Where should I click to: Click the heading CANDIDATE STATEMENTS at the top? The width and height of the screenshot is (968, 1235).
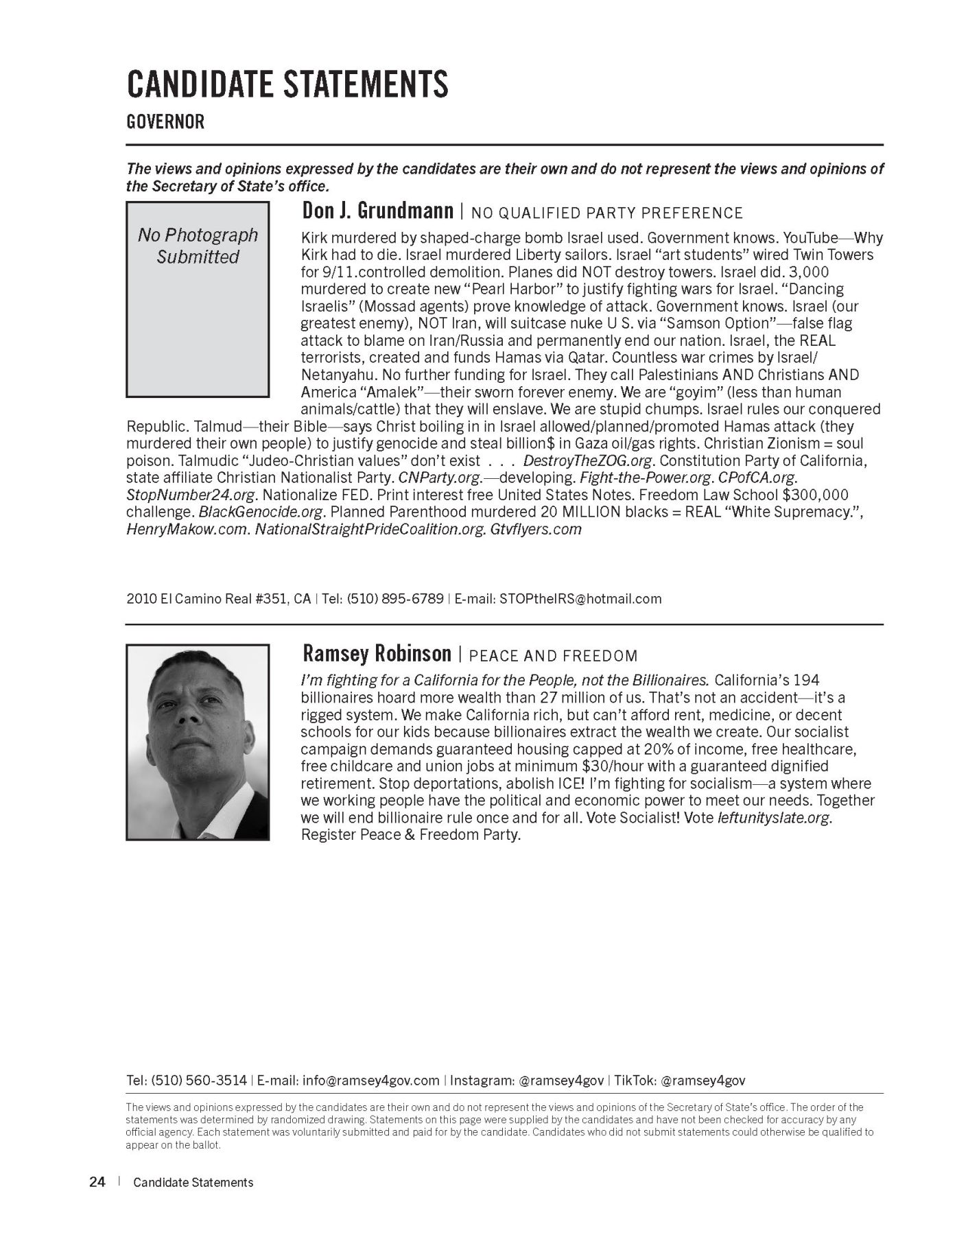287,84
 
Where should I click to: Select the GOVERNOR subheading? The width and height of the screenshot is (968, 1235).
165,122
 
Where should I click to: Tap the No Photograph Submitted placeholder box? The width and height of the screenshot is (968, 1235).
198,299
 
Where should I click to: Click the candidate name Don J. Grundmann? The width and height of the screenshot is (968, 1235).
377,211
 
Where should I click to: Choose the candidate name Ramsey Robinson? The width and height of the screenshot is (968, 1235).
377,653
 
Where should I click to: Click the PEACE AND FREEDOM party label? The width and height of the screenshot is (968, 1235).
553,656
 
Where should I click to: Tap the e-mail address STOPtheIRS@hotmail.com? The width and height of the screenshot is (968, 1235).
580,598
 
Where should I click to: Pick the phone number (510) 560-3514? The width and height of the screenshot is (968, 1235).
199,1081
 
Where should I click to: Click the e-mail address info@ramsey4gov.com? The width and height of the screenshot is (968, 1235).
370,1081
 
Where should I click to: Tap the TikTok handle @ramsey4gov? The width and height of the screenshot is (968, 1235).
703,1081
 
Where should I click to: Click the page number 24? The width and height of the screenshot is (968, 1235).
97,1182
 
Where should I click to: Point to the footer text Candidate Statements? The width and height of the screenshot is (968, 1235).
193,1183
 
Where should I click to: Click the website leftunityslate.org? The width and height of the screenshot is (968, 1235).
773,818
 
